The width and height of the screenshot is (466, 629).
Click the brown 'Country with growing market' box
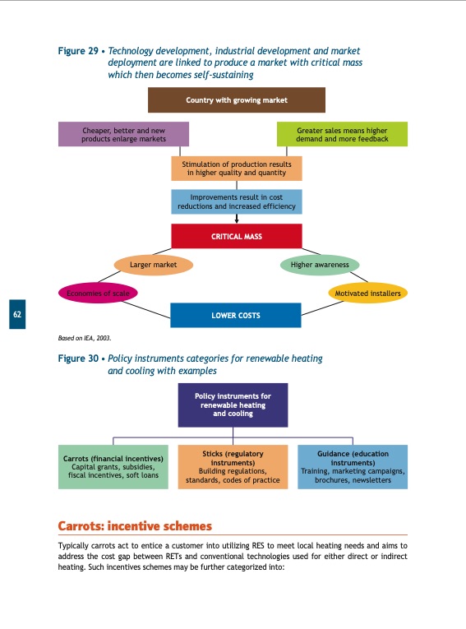(x=236, y=100)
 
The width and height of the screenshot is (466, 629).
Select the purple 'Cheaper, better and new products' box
(x=123, y=134)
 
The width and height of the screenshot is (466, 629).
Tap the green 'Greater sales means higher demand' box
(x=341, y=134)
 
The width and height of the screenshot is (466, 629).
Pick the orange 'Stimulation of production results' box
(x=237, y=168)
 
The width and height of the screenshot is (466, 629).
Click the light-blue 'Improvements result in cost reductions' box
(x=237, y=201)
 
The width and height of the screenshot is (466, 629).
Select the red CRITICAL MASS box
(x=237, y=236)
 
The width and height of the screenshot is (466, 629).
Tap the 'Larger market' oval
(x=153, y=265)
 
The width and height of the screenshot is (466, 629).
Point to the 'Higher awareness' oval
(x=320, y=265)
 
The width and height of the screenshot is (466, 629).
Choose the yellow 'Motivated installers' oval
(x=368, y=293)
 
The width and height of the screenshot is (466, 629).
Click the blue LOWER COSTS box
(x=236, y=315)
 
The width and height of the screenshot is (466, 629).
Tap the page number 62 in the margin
(x=17, y=314)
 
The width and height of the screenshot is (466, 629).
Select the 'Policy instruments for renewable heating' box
(x=233, y=405)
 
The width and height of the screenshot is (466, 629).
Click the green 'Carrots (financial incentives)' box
(x=113, y=467)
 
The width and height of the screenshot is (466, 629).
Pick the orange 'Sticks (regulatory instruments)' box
(x=233, y=467)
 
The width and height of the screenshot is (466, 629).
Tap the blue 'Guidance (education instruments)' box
(x=353, y=467)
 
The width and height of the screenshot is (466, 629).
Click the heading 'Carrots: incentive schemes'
(x=135, y=525)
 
